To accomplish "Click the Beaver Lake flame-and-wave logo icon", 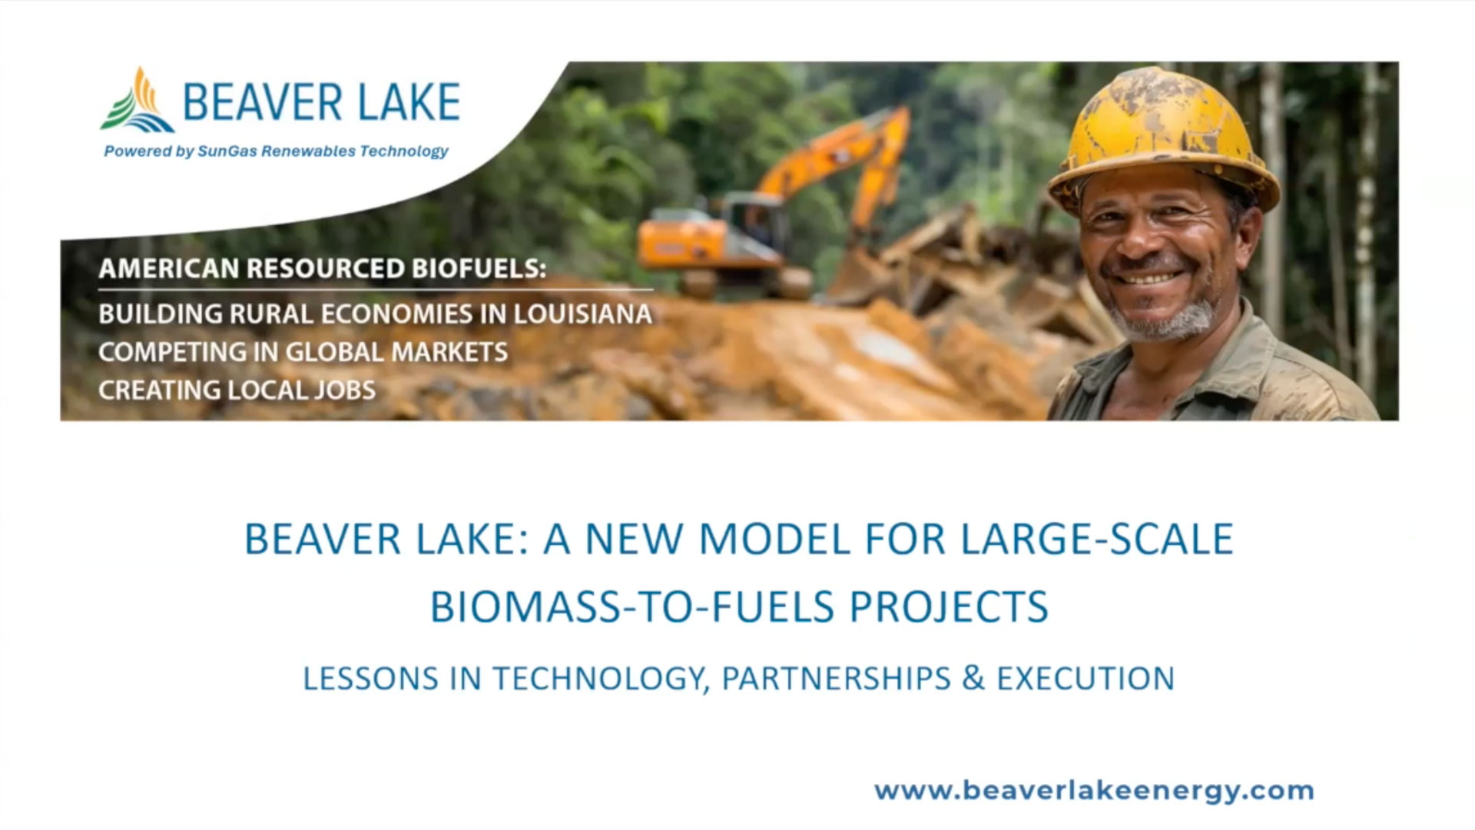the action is coord(137,100).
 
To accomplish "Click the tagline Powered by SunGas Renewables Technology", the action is coord(276,151).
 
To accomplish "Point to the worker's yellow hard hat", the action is coord(1162,134).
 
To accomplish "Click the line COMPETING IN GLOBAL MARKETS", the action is coord(303,352).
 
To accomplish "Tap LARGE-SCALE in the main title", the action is coord(1097,539).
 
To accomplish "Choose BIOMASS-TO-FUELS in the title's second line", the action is coord(631,606).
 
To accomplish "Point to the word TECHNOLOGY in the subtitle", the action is coord(600,679).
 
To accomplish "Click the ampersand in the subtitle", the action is coord(973,679).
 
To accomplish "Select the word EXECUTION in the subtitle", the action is coord(1086,679).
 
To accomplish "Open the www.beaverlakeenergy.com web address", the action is coord(1094,791).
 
